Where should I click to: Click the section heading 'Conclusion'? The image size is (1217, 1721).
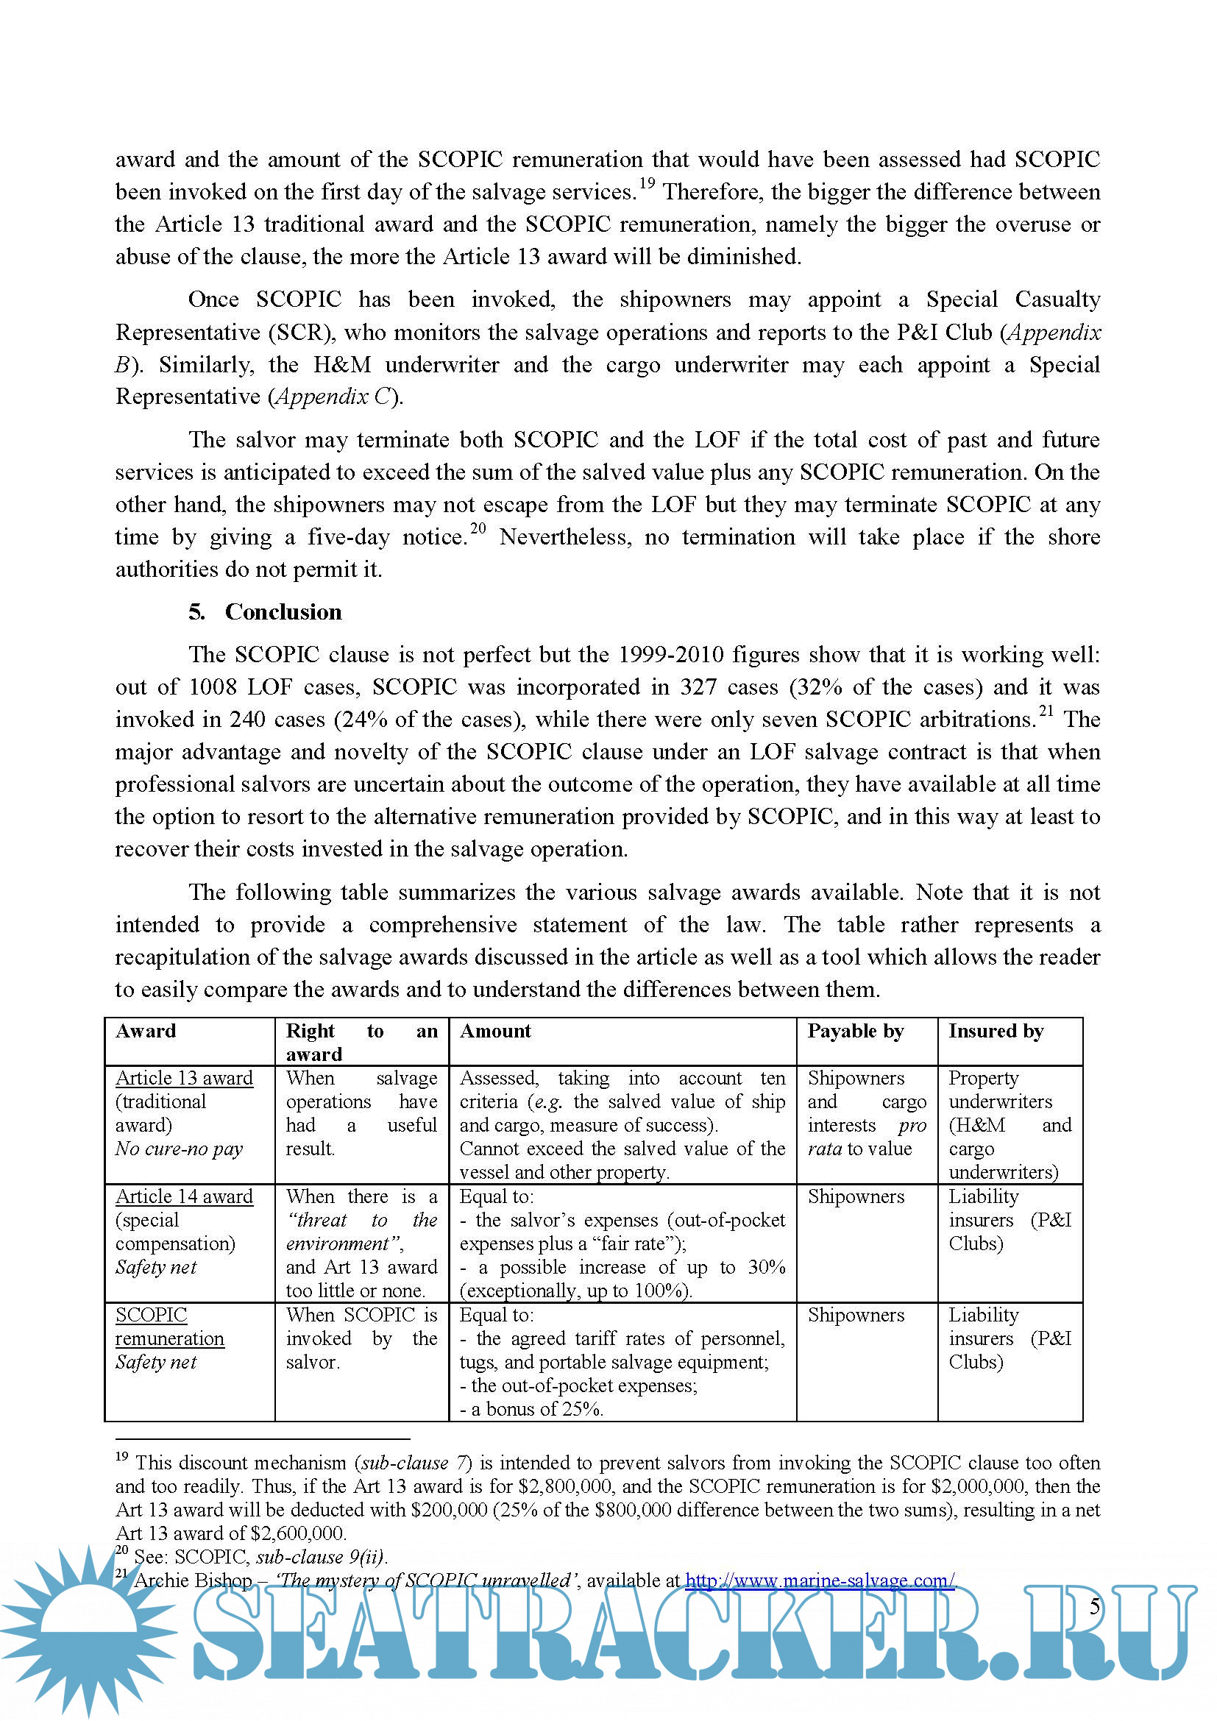point(283,611)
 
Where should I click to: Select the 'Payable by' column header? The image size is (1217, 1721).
point(855,1031)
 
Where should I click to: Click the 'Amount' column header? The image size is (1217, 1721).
point(494,1031)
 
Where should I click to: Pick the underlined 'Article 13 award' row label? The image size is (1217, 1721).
point(184,1078)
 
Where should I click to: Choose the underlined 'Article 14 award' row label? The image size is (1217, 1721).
point(184,1196)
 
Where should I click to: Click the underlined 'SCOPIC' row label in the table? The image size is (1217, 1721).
point(152,1315)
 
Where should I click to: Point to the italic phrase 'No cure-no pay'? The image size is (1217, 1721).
point(178,1149)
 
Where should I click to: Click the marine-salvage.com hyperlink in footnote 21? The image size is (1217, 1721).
point(819,1580)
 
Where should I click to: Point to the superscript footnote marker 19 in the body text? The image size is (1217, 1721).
point(647,183)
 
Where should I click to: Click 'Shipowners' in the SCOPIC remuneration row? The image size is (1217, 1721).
point(855,1315)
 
